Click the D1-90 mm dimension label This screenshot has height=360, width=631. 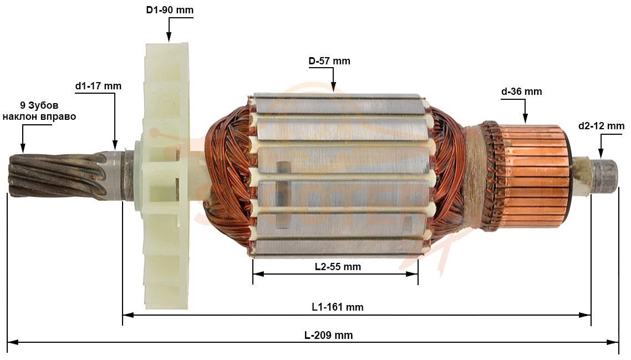pos(170,9)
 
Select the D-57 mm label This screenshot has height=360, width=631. pos(329,61)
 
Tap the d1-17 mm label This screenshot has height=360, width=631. pos(98,86)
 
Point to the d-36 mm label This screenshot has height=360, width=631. pos(522,92)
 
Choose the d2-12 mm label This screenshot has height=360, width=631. pos(601,126)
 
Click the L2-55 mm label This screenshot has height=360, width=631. pos(338,267)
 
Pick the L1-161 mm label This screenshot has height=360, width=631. pos(338,307)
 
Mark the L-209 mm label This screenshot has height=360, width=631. pos(328,335)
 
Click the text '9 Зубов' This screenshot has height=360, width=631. pos(39,105)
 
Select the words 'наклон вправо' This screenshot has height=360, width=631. pos(39,117)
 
